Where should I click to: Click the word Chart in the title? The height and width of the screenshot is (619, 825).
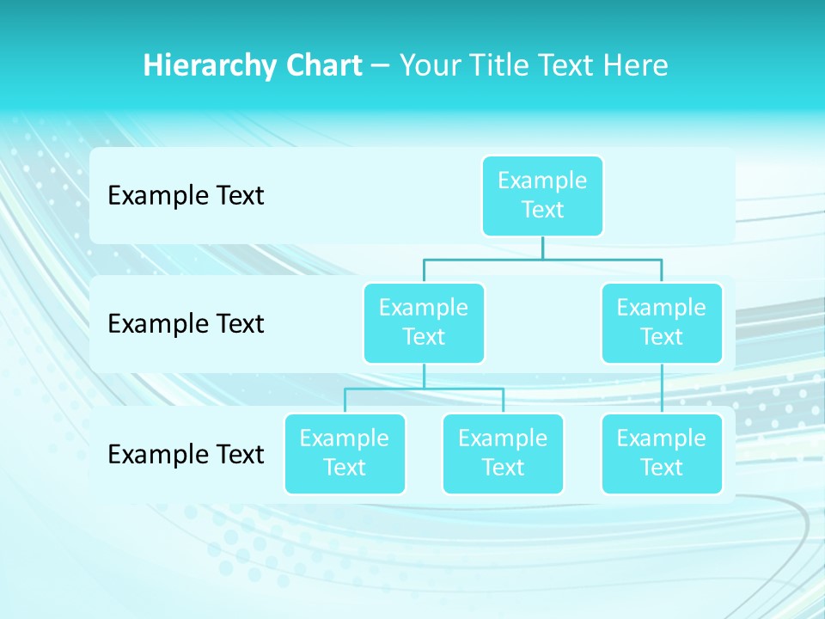323,66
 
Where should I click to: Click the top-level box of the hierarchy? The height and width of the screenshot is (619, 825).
542,195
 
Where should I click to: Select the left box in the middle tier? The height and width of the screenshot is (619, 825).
424,322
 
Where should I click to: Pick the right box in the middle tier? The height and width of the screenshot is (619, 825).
662,322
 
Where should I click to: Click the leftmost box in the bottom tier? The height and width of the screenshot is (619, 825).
345,453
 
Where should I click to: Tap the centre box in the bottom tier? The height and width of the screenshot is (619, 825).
503,453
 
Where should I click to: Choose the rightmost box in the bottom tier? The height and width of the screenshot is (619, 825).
662,453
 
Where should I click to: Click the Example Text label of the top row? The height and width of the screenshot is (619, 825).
186,196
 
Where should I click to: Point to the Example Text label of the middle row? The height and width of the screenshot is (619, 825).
186,324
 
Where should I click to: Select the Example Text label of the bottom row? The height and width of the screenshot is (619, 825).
186,454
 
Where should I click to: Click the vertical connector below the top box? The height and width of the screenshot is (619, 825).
542,248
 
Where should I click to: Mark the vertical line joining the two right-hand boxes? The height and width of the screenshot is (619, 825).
662,389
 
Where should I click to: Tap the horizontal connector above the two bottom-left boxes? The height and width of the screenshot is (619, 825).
424,389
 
